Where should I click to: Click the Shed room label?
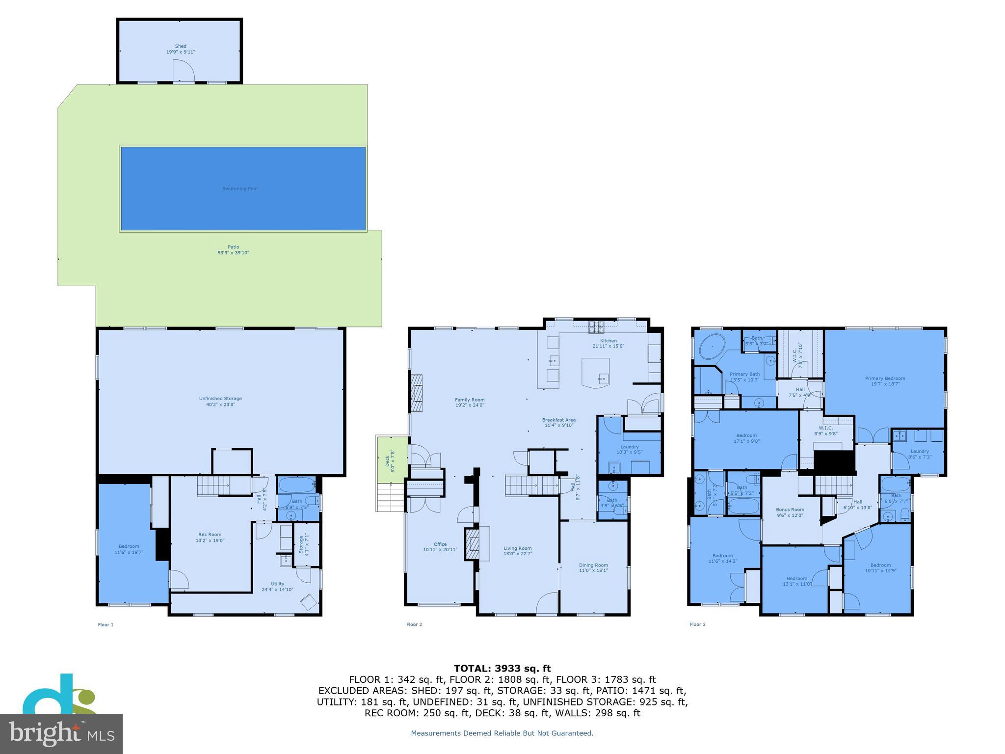[181, 46]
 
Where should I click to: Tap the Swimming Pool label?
[240, 188]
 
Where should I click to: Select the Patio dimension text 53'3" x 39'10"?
[234, 253]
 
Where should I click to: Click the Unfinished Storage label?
[220, 399]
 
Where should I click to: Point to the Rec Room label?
[210, 535]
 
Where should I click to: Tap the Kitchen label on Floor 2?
[608, 341]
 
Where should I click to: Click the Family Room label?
[470, 400]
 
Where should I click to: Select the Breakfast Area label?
[558, 420]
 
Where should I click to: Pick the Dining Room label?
[593, 565]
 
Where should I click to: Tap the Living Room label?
[517, 548]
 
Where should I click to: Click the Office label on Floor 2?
[440, 544]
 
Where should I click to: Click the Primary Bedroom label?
[885, 378]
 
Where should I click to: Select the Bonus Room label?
[790, 510]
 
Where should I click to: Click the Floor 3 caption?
[697, 624]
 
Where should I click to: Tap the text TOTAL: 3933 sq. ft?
[502, 669]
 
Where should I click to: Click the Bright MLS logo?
[61, 733]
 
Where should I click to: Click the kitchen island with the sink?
[596, 373]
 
